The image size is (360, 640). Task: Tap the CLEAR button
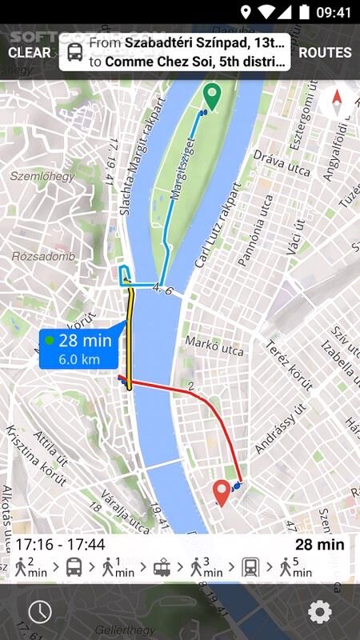pos(30,53)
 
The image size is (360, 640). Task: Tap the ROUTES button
pos(325,53)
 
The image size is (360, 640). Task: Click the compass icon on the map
pos(337,102)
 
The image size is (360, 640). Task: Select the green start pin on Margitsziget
pos(211,96)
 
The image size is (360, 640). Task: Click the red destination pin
pos(222,492)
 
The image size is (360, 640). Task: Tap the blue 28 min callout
pos(80,350)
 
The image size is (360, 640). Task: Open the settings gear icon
pos(319,612)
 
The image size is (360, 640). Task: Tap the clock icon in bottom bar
pos(39,612)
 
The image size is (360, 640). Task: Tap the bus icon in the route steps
pos(74,568)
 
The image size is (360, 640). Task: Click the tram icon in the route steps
pos(162,568)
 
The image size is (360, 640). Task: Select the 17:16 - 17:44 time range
pos(60,545)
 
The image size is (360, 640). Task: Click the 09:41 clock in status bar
pos(334,12)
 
